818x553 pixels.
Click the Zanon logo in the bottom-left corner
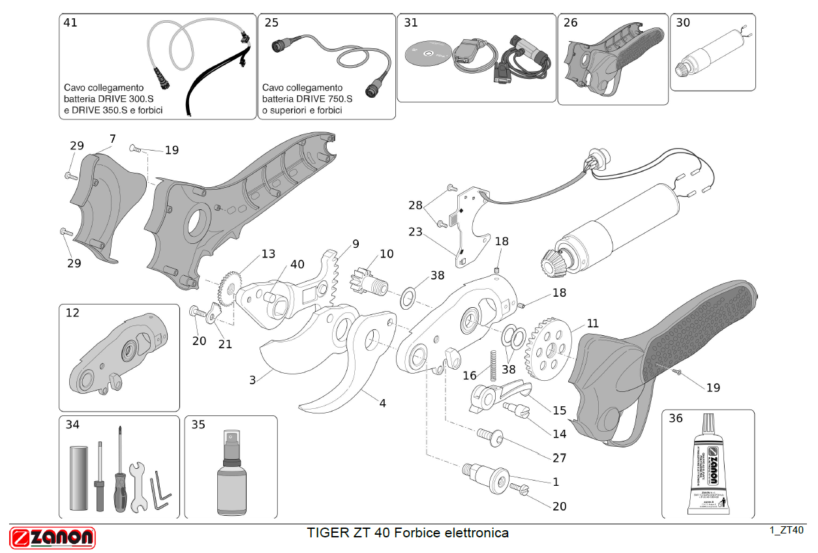52,537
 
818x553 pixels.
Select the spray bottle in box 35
232,472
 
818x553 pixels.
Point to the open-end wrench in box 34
138,486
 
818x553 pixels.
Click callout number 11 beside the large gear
592,323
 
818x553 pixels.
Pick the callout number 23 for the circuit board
416,232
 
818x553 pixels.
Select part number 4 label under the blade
383,403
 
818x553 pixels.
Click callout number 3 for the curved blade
252,379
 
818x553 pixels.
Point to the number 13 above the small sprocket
269,254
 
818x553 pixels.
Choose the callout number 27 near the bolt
559,458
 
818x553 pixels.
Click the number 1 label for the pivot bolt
556,482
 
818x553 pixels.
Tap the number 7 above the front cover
113,138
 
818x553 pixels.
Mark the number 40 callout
297,264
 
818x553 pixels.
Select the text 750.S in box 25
337,99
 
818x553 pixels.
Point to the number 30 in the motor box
683,23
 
